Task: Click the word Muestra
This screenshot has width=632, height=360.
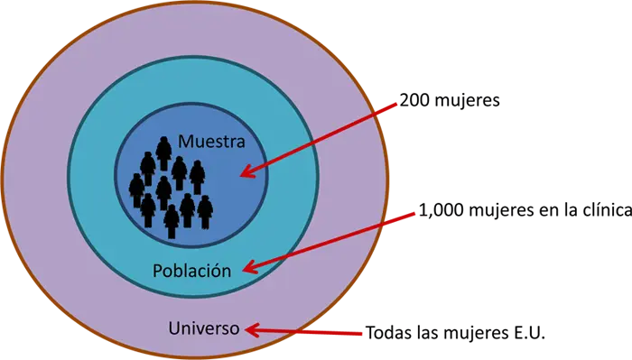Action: tap(211, 141)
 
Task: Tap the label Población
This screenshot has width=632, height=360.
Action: tap(191, 270)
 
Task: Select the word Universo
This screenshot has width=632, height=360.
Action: tap(204, 328)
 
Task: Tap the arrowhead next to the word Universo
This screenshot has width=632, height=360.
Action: tap(254, 329)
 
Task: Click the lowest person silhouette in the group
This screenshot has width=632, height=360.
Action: tap(171, 220)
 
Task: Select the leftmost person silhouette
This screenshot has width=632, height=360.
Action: tap(136, 189)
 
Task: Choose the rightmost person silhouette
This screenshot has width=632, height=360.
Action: tap(205, 210)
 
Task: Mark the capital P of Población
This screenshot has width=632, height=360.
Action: tap(158, 270)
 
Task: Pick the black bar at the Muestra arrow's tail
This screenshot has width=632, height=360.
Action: tap(506, 100)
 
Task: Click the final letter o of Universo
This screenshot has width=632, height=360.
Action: tap(235, 328)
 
